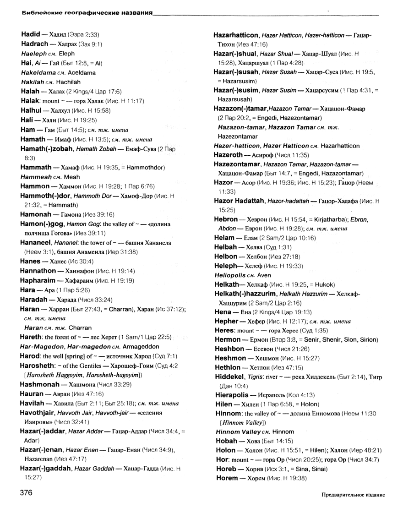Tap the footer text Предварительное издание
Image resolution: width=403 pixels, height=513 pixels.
point(353,495)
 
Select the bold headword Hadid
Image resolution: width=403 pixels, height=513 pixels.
point(31,34)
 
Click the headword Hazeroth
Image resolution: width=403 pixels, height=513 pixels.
point(231,155)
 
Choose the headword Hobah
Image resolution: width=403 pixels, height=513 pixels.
point(225,442)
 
